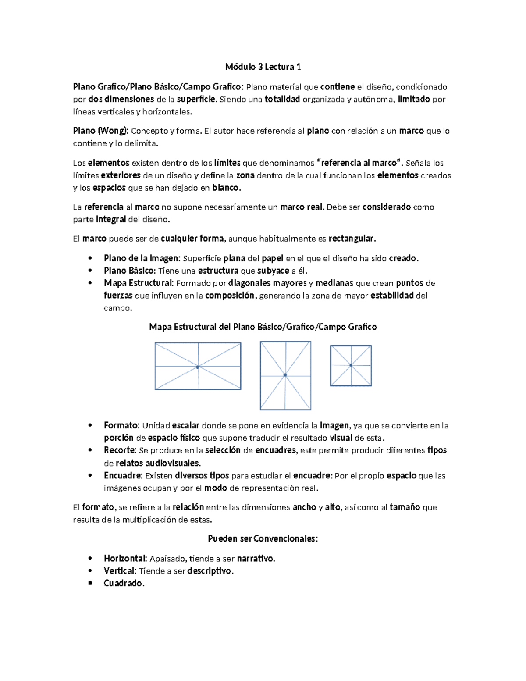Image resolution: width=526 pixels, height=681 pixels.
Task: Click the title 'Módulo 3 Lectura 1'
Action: pos(263,67)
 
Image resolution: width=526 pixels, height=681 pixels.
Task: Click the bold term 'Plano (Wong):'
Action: pos(100,131)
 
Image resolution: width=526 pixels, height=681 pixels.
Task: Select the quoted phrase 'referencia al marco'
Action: pos(359,163)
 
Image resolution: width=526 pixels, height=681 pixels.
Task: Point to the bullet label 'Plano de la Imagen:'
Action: pos(142,258)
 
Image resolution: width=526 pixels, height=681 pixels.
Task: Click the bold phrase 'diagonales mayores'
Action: pos(267,283)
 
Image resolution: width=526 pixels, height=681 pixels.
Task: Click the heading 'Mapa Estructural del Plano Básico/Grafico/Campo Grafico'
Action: pos(263,327)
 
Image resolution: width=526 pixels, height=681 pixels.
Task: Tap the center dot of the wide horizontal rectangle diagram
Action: pos(198,367)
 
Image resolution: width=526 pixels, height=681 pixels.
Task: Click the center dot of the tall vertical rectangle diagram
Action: pos(285,375)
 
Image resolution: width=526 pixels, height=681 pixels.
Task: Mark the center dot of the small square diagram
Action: pos(351,365)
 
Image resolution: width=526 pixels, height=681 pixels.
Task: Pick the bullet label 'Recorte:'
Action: pos(120,450)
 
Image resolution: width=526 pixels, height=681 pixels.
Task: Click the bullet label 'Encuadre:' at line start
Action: pos(123,476)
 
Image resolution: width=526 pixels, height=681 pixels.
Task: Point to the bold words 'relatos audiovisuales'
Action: pos(158,463)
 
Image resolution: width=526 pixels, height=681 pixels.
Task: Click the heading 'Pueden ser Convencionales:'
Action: pos(263,539)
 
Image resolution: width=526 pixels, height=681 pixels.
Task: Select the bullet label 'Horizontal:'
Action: pos(125,559)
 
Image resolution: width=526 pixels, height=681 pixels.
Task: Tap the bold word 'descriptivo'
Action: pos(210,571)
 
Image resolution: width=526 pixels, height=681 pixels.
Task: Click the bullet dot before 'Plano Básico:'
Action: pos(90,271)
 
